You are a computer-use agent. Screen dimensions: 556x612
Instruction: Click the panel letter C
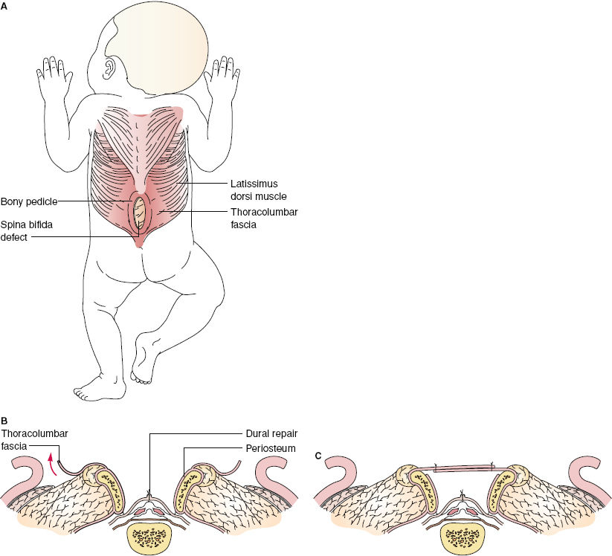[319, 456]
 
